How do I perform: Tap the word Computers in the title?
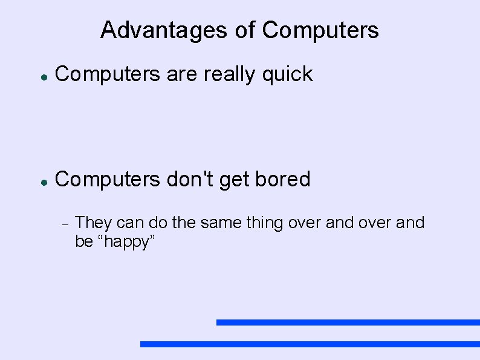tap(321, 30)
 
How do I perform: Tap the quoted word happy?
tap(128, 242)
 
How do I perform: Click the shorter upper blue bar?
tap(348, 322)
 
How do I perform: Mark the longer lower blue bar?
tap(310, 344)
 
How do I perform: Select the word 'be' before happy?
tap(83, 242)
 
